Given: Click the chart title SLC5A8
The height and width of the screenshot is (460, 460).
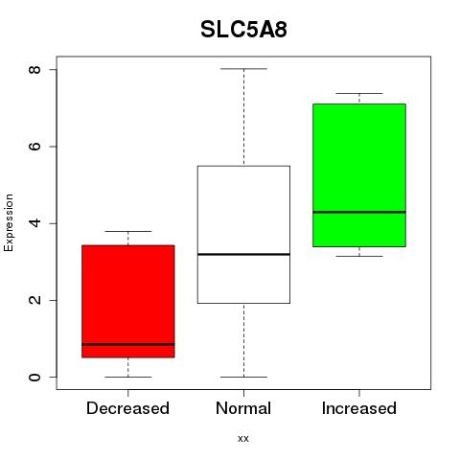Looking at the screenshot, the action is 243,30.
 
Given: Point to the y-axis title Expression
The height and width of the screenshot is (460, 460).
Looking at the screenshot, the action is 9,222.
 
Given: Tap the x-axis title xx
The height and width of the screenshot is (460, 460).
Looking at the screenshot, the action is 243,439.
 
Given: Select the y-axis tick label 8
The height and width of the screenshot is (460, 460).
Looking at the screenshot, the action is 34,69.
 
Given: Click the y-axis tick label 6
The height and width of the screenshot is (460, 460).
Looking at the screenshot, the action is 34,147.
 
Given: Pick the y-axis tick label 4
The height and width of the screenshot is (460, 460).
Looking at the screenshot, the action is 34,223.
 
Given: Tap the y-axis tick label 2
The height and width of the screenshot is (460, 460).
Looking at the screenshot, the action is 34,300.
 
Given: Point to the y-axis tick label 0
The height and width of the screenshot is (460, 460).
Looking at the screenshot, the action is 34,378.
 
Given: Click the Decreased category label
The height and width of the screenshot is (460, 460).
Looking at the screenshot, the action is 127,408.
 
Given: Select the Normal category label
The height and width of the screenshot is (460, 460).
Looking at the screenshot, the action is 243,408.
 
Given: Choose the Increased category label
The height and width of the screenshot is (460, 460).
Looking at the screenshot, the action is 359,408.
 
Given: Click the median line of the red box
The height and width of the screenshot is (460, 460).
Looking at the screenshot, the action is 128,344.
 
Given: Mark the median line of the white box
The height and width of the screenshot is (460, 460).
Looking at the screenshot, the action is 243,254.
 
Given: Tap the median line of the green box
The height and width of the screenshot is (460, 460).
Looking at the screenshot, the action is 359,212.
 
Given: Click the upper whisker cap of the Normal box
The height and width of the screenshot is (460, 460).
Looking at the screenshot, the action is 243,69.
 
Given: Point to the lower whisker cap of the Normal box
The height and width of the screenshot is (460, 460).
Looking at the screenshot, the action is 243,377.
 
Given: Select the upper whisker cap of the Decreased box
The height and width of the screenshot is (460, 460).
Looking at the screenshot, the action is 128,231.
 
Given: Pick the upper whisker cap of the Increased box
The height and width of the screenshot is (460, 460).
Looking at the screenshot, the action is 359,93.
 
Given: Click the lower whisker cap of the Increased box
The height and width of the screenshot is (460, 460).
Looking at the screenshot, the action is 359,256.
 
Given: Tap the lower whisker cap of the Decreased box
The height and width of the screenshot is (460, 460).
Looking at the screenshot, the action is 128,377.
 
